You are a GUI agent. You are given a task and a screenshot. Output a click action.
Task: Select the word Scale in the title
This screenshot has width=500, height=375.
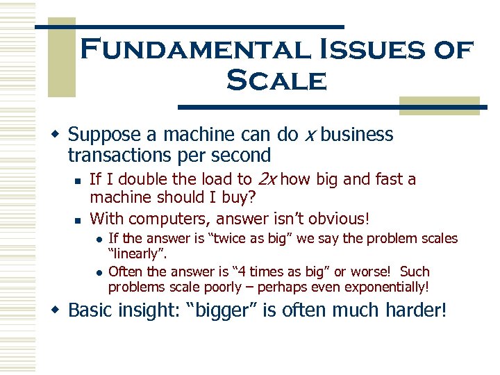click(276, 81)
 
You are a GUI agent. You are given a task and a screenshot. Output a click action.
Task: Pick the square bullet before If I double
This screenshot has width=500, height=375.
click(78, 181)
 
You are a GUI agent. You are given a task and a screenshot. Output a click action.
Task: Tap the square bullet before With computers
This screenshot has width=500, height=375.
click(78, 219)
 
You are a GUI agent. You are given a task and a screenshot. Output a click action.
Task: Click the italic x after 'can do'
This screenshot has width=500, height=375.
click(310, 134)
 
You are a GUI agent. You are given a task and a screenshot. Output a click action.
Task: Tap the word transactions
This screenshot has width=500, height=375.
click(117, 155)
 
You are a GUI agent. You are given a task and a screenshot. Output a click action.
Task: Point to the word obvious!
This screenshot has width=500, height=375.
click(340, 218)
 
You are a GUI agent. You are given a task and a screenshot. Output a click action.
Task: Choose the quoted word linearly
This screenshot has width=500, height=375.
click(136, 253)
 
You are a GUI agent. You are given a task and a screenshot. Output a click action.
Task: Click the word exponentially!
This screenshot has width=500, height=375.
click(385, 286)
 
